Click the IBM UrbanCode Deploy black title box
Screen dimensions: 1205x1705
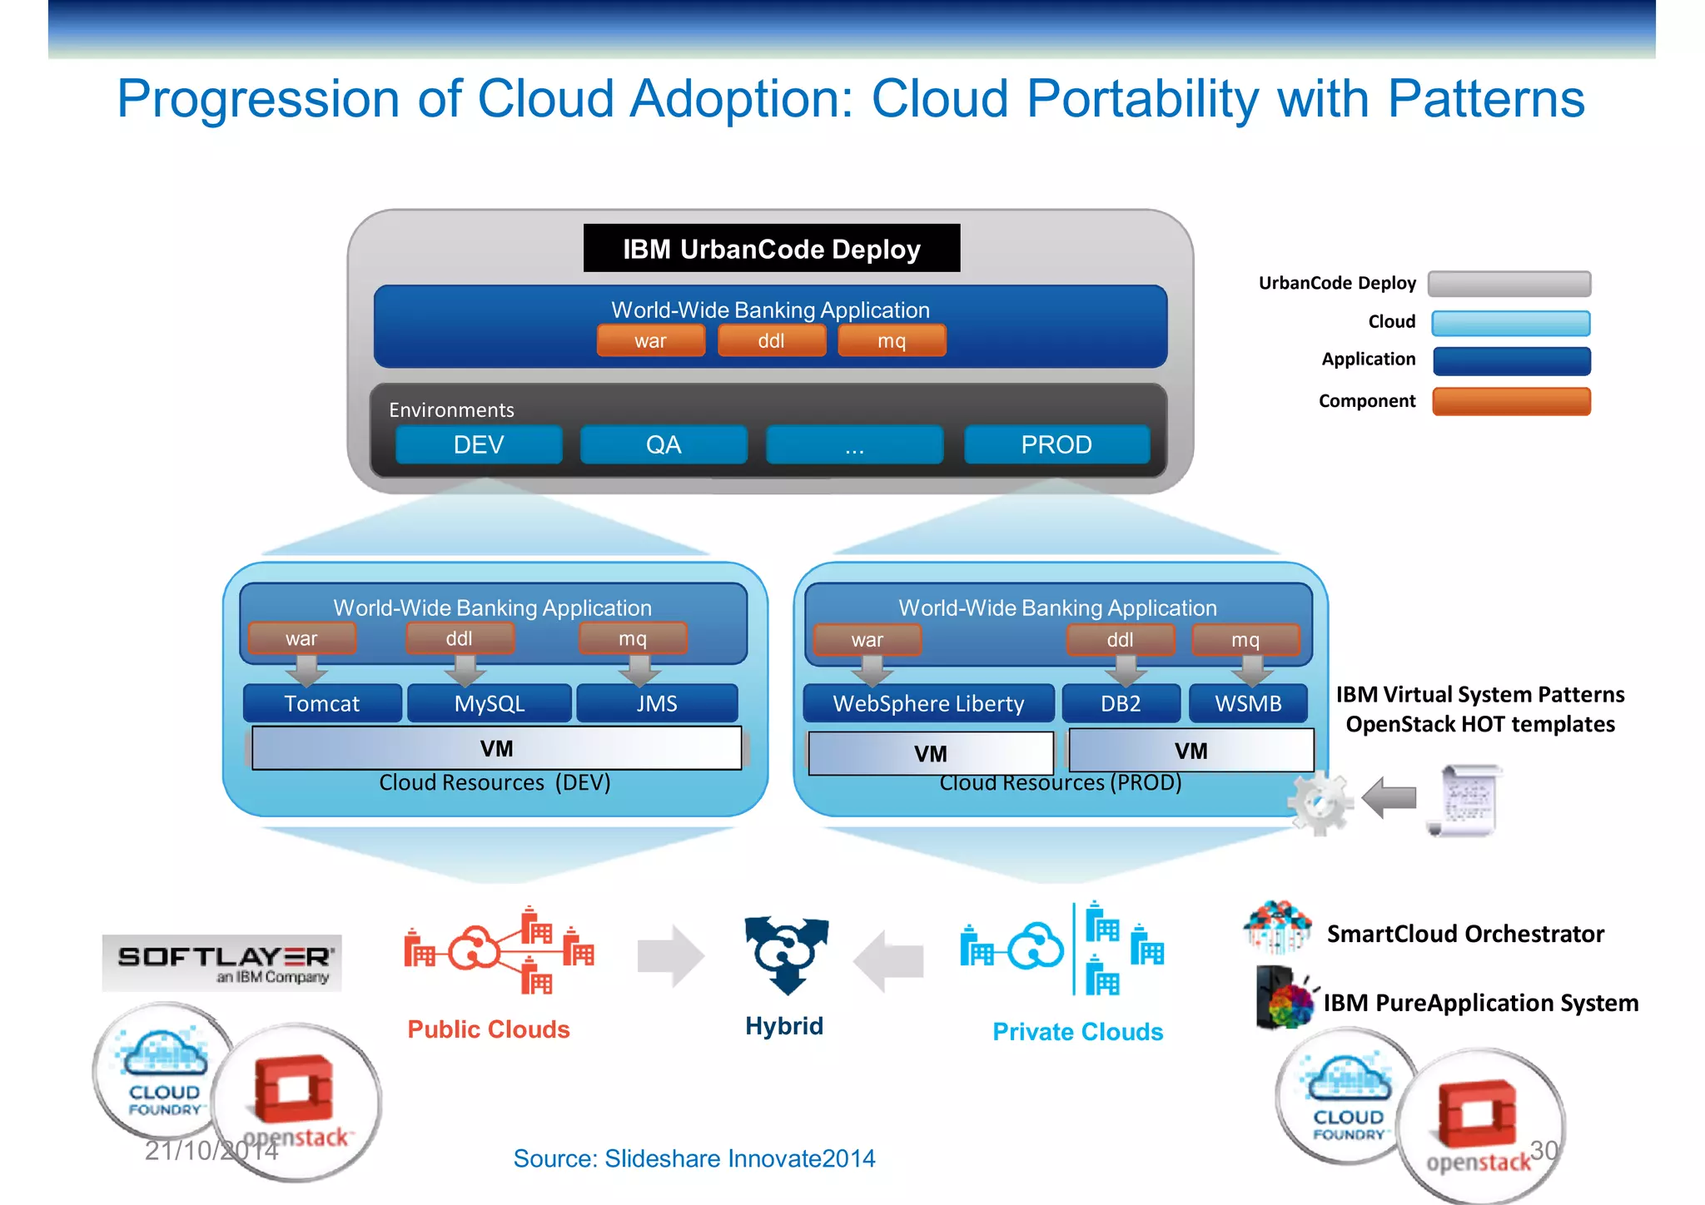[771, 248]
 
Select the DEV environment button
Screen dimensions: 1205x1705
[479, 444]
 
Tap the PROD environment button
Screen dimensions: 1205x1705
[1056, 444]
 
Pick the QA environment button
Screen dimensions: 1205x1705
[664, 444]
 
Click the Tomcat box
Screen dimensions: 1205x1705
[322, 704]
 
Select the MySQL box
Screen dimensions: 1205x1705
[490, 704]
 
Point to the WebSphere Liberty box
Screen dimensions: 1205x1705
[928, 704]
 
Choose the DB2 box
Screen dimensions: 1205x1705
[1121, 704]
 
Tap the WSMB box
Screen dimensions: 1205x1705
[1248, 704]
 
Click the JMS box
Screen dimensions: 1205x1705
[657, 704]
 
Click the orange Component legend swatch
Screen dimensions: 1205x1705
[1511, 401]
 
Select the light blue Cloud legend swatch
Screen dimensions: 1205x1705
[1511, 323]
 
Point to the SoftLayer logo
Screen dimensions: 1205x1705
[222, 963]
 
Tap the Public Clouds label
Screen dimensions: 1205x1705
[489, 1029]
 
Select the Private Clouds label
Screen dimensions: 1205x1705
[1077, 1032]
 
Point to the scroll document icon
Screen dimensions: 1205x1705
[1467, 800]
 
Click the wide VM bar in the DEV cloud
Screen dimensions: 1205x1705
[496, 748]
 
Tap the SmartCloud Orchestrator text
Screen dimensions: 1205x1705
[1465, 934]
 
